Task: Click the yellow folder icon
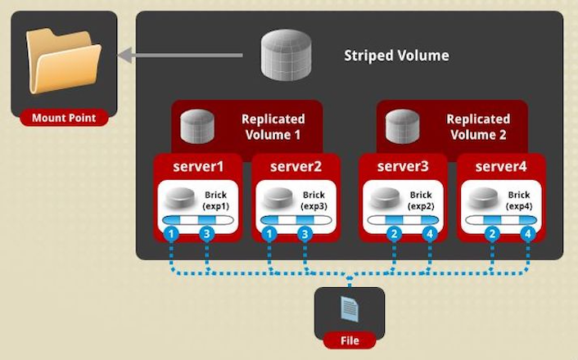click(64, 61)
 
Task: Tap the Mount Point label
click(64, 118)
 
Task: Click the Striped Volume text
click(396, 56)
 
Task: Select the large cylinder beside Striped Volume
click(286, 56)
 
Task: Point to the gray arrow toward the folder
click(180, 56)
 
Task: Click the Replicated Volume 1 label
click(273, 127)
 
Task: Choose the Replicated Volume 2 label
click(478, 127)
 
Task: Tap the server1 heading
click(198, 167)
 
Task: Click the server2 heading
click(296, 167)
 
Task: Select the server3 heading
click(403, 167)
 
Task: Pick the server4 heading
click(501, 167)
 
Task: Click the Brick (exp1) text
click(216, 200)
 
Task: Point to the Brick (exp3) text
click(314, 200)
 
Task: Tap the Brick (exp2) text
click(421, 200)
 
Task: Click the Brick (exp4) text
click(519, 200)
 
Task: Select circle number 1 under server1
click(171, 234)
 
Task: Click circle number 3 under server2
click(305, 234)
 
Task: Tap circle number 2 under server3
click(394, 234)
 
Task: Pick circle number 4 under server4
click(528, 234)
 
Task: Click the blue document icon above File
click(350, 308)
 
